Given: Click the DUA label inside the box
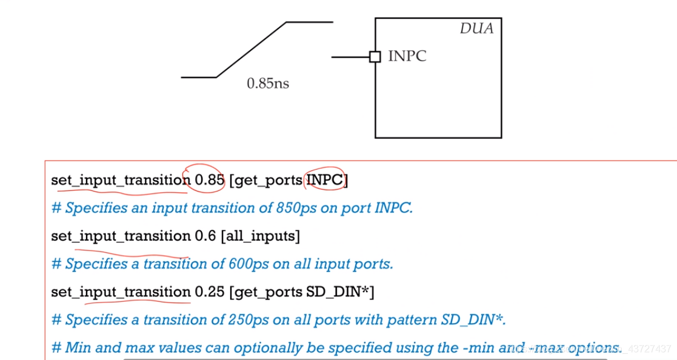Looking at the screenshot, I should point(476,28).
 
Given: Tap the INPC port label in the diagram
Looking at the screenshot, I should point(407,56).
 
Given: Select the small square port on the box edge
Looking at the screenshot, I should point(375,57).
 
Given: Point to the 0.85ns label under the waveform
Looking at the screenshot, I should point(267,84).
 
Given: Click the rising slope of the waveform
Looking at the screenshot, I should point(251,50).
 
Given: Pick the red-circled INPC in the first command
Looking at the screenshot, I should point(325,180).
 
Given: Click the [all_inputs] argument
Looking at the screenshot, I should point(261,236).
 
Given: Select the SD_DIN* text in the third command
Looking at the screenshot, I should point(337,292).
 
